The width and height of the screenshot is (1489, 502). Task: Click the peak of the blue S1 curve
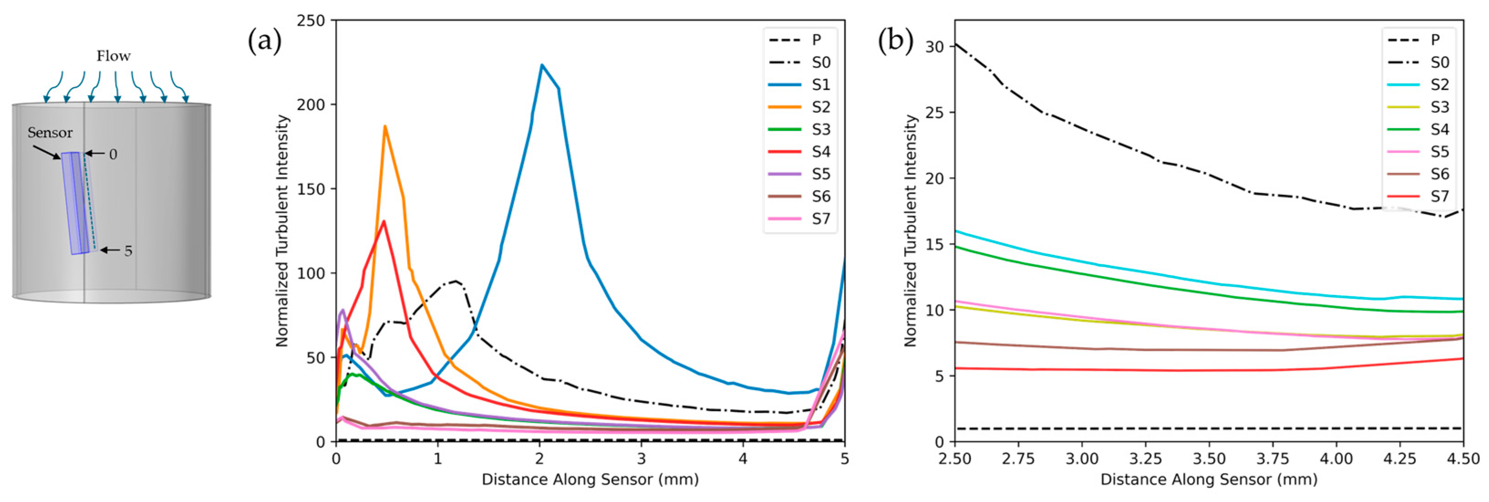point(542,65)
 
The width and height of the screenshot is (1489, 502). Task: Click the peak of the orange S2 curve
point(385,127)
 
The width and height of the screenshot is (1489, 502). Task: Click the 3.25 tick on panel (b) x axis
point(1145,459)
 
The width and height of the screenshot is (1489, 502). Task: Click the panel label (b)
point(895,41)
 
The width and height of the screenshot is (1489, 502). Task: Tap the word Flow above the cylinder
point(113,56)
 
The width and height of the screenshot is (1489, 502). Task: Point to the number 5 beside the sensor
point(128,251)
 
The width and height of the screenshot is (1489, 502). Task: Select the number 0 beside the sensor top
point(113,155)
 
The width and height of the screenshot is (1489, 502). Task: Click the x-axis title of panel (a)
point(590,480)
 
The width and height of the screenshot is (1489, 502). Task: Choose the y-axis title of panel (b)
point(911,231)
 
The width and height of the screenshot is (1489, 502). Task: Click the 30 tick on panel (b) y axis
point(934,47)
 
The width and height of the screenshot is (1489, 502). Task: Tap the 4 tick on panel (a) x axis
point(743,459)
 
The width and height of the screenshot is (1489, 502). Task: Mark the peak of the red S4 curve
point(384,222)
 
